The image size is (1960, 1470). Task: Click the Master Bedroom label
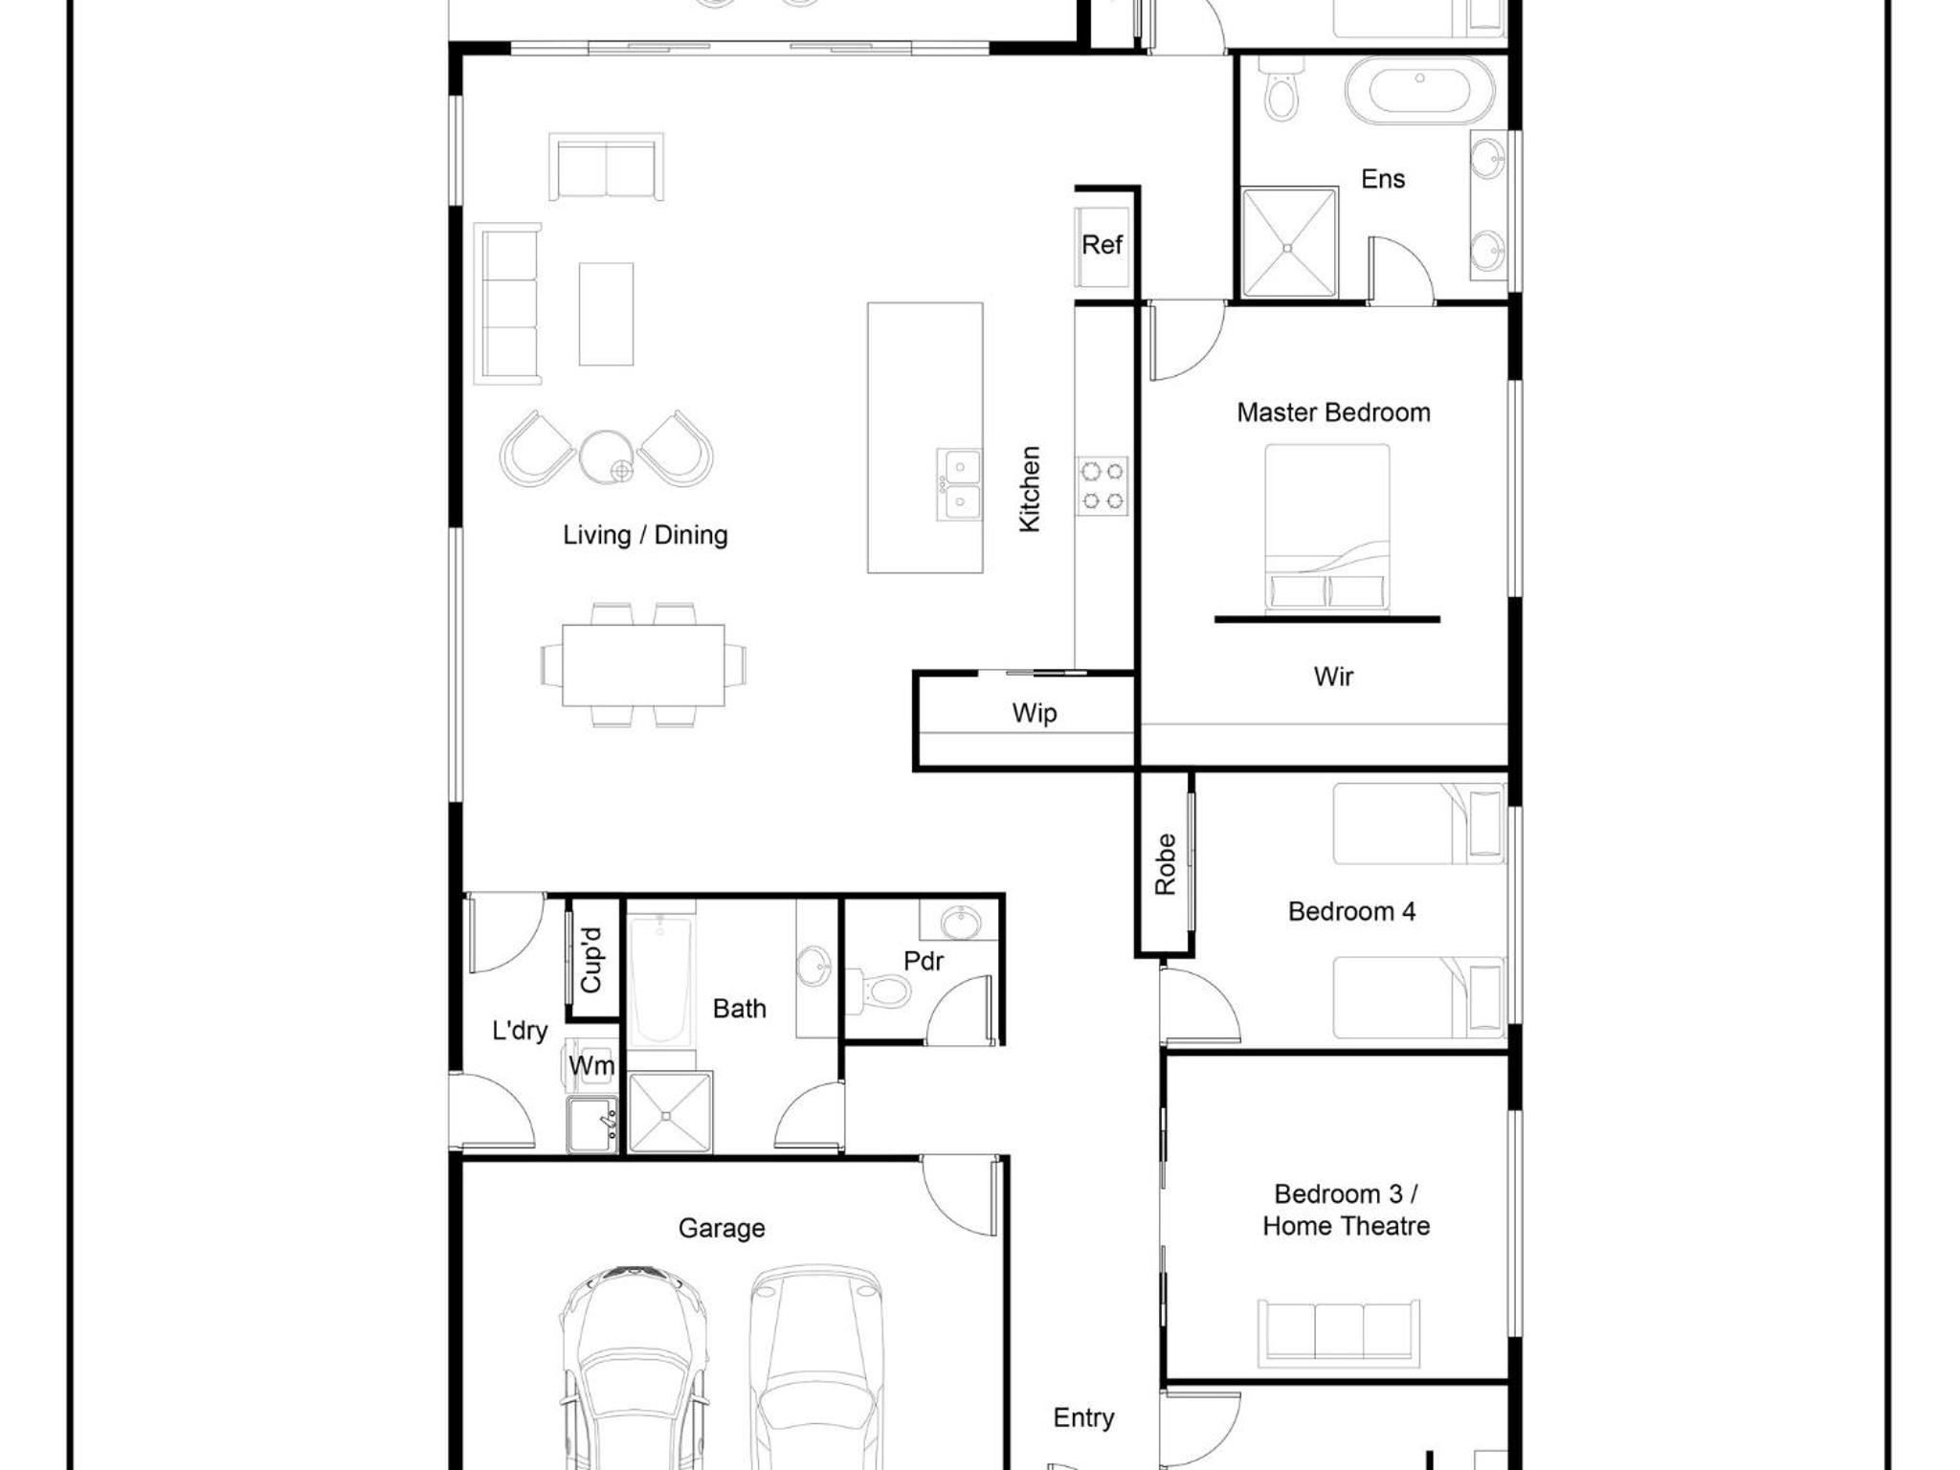[x=1333, y=412]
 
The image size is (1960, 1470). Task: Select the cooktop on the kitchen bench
[x=1102, y=485]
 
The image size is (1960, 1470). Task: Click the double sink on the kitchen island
[x=959, y=484]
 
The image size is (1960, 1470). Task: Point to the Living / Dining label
[x=645, y=535]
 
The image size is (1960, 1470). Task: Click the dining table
[x=643, y=665]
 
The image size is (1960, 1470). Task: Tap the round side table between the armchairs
[x=606, y=457]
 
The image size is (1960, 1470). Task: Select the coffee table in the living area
[x=606, y=314]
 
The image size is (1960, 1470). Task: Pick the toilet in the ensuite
[x=1281, y=89]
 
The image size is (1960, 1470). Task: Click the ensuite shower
[x=1289, y=243]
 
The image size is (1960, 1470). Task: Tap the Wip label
[x=1034, y=713]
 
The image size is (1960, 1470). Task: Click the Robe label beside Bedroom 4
[x=1165, y=864]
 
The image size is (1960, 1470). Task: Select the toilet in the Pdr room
[x=879, y=990]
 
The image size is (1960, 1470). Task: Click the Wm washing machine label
[x=591, y=1065]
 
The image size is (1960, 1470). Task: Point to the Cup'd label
[x=591, y=960]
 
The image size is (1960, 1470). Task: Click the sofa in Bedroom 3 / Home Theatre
[x=1338, y=1331]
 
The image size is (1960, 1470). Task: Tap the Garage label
[x=722, y=1228]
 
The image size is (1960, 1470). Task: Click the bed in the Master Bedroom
[x=1327, y=527]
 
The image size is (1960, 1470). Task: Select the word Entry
[x=1083, y=1418]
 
